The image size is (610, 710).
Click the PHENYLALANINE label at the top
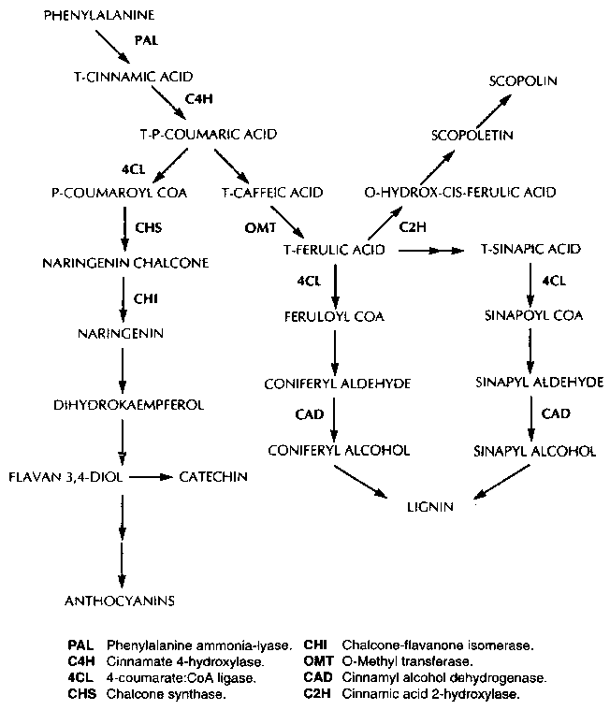(x=99, y=17)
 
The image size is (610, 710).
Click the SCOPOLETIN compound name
(x=472, y=135)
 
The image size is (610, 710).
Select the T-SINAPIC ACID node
(x=530, y=249)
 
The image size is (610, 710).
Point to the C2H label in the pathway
(x=412, y=226)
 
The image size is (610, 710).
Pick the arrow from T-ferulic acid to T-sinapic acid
(x=432, y=250)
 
